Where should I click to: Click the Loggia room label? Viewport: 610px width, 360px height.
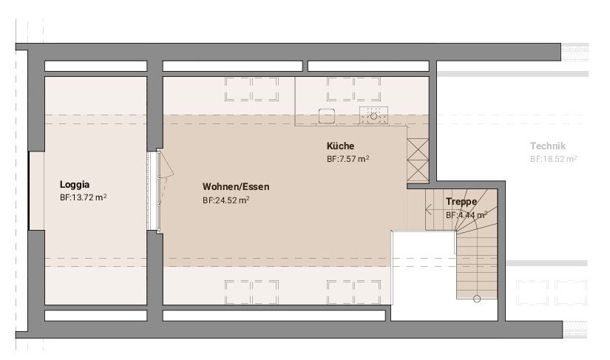point(75,184)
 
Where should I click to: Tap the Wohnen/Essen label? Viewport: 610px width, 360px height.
point(236,186)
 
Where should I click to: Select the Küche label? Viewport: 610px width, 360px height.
point(340,146)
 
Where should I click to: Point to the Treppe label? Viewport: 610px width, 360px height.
point(461,201)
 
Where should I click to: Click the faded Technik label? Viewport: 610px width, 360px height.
point(548,146)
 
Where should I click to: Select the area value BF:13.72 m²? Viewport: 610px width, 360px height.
point(84,197)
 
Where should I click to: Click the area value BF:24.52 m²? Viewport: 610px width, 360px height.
point(226,200)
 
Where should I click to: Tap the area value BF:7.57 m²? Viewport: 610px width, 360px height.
point(348,159)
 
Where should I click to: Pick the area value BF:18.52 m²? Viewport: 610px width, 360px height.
point(553,159)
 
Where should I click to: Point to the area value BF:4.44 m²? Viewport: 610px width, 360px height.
point(467,215)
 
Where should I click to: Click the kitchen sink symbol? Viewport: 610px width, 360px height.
point(327,116)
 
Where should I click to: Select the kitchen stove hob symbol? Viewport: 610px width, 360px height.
point(373,115)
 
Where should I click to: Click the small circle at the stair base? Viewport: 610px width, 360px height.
point(477,299)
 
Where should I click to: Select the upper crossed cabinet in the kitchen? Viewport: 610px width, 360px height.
point(418,149)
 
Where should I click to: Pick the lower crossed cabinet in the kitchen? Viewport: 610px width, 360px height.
point(418,170)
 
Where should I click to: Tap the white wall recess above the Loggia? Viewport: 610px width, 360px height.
point(95,66)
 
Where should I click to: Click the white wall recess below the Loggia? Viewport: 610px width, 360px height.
point(95,316)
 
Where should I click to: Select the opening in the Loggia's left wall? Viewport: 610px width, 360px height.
point(36,191)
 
